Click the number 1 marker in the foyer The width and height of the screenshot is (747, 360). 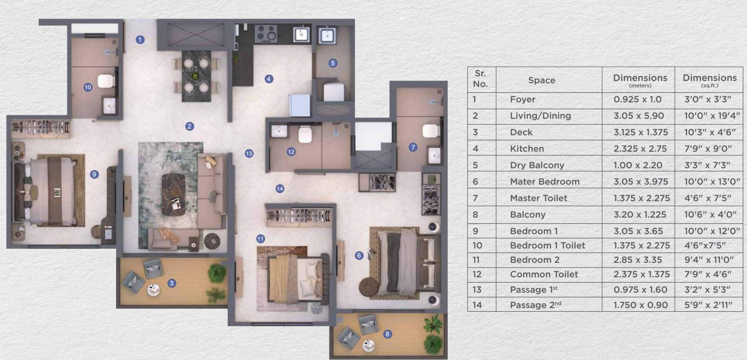(x=140, y=40)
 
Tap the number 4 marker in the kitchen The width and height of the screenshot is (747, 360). (x=269, y=79)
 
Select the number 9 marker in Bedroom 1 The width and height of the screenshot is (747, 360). (x=94, y=174)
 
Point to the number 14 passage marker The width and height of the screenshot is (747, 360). (x=280, y=189)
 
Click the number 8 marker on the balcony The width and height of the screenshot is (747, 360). (x=387, y=333)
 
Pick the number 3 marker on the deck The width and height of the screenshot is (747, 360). (x=172, y=283)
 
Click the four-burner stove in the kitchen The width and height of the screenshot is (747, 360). (x=266, y=33)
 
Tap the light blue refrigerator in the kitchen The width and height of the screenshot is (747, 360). (x=299, y=105)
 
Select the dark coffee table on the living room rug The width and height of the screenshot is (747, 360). (x=173, y=195)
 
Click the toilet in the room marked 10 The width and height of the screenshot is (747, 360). (x=106, y=81)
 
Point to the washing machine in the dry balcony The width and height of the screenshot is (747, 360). (x=334, y=92)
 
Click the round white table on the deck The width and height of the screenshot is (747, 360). (x=154, y=289)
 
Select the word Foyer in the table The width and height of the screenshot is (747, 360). (x=523, y=99)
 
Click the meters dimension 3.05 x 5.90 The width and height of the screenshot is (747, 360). (x=639, y=116)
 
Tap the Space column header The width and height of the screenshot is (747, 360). (x=542, y=80)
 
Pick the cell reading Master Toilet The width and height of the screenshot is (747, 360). (x=538, y=198)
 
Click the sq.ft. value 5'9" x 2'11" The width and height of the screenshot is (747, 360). (x=708, y=305)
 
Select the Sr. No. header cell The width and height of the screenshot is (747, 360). (x=480, y=78)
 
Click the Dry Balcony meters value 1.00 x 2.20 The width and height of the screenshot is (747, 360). (x=638, y=165)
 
